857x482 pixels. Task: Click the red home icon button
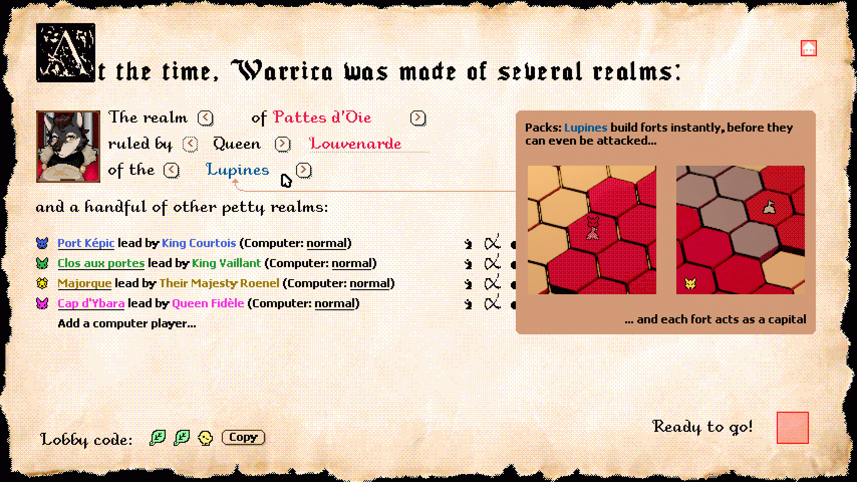pos(808,48)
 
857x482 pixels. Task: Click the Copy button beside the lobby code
pos(243,437)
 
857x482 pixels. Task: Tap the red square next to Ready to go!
pos(792,428)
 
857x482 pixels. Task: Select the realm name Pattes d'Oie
pos(322,117)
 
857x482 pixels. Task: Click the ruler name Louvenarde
pos(355,144)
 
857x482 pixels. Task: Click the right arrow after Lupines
pos(304,170)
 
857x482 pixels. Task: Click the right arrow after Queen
pos(282,144)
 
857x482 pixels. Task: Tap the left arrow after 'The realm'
pos(205,117)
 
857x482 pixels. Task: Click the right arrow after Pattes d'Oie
pos(418,117)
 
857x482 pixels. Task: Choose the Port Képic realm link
pos(86,243)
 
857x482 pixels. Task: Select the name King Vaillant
pos(226,263)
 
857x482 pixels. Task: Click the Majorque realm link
pos(84,283)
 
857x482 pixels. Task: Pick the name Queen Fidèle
pos(208,303)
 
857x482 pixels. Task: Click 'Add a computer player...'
pos(126,323)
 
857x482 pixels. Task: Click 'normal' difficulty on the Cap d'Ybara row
pos(334,303)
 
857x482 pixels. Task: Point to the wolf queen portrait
pos(68,147)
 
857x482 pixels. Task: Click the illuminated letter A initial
pos(65,52)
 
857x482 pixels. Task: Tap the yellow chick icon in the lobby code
pos(205,438)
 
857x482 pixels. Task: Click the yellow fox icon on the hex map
pos(690,284)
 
